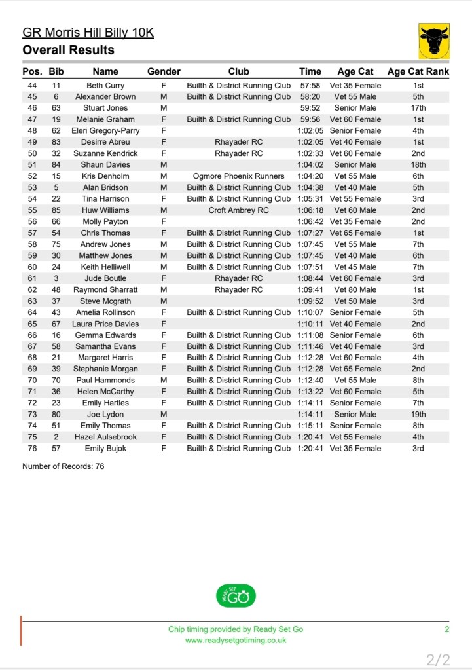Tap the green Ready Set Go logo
(x=236, y=596)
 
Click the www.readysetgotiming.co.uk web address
(x=236, y=641)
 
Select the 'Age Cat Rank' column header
(x=418, y=71)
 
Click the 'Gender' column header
(x=164, y=71)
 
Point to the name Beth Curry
(x=105, y=85)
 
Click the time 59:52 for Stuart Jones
(x=310, y=108)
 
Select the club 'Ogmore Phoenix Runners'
(x=238, y=176)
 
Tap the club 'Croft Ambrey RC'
(x=238, y=210)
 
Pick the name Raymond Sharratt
(x=105, y=289)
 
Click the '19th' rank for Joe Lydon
(x=418, y=414)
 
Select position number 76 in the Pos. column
(x=32, y=448)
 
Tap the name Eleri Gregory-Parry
(x=105, y=130)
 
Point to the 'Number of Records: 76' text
(x=63, y=466)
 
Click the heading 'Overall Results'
(x=68, y=50)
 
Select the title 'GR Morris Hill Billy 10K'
(x=88, y=33)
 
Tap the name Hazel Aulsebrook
(x=105, y=437)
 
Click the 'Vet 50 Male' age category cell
(x=355, y=301)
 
